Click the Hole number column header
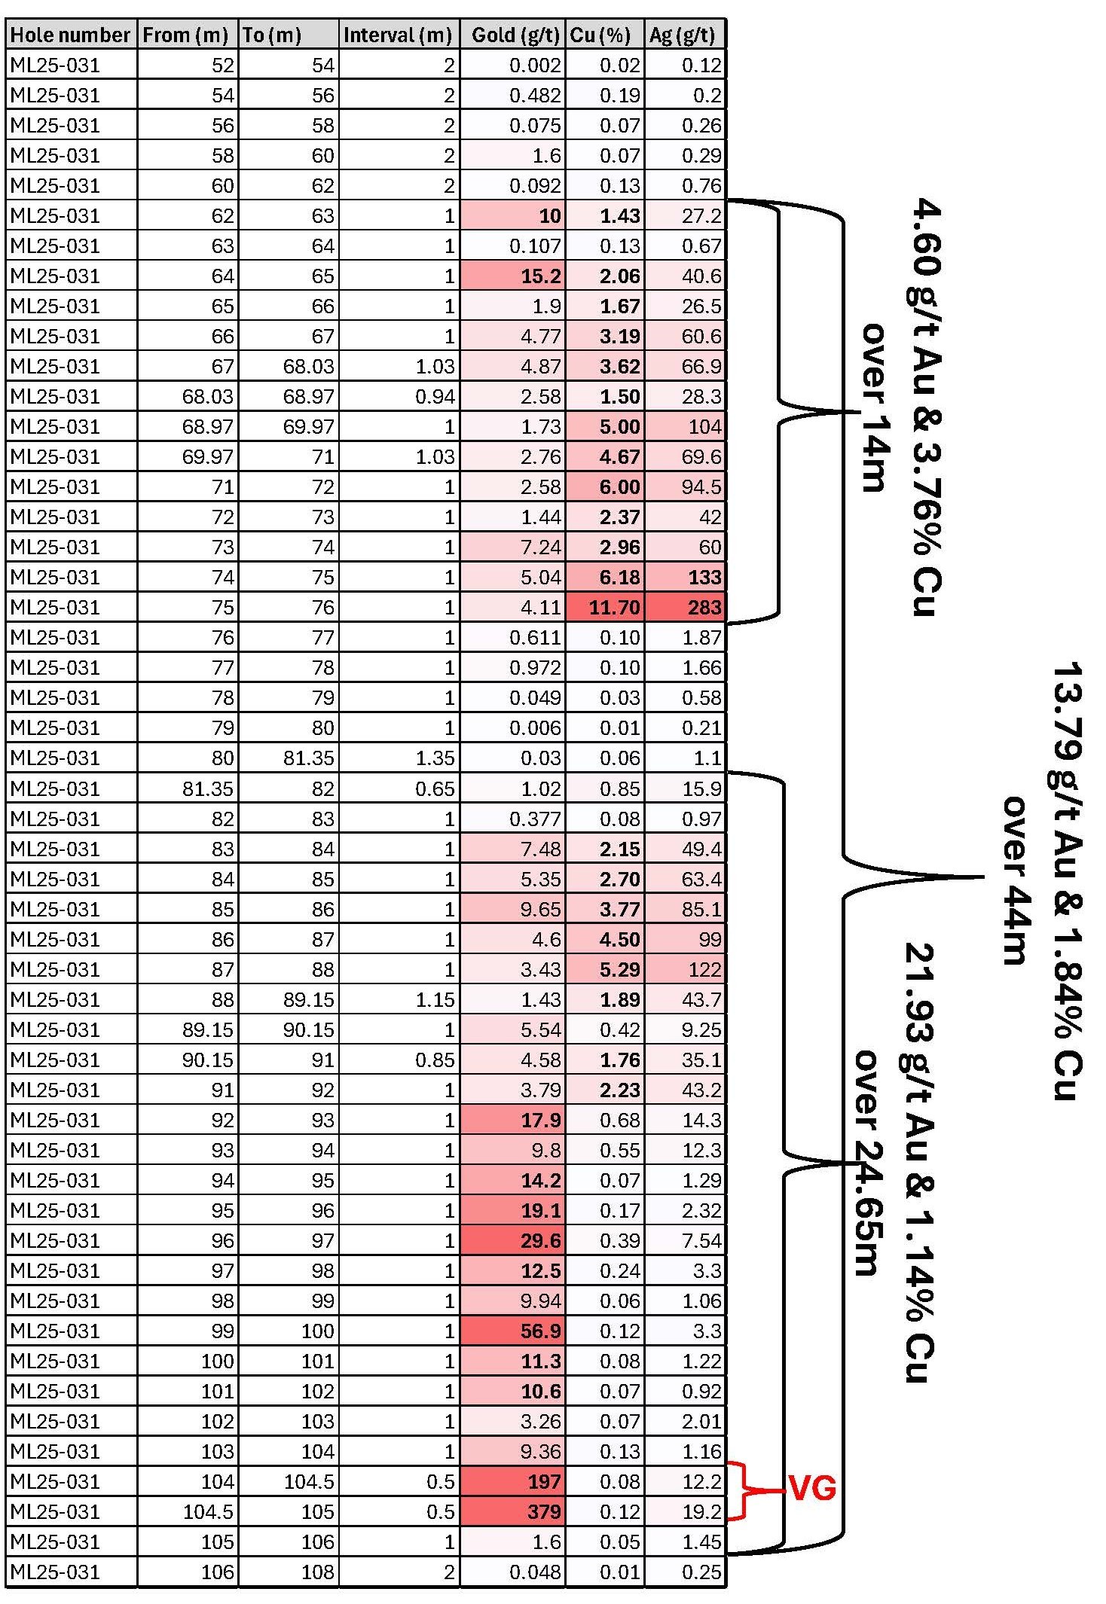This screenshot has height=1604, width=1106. tap(71, 35)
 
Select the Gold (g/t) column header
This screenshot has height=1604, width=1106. tap(515, 35)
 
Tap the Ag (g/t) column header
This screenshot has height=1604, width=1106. tap(683, 35)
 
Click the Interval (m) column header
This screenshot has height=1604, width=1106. tap(398, 35)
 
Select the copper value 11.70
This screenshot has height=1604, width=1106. tap(614, 607)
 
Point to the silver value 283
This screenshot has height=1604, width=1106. tap(704, 607)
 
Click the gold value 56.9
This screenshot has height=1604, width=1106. tap(540, 1331)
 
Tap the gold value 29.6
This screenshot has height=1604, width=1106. tap(540, 1240)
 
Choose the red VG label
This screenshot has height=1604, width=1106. tap(812, 1489)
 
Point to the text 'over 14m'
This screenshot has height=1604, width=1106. tap(874, 407)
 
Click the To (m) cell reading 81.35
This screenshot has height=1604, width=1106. tap(308, 758)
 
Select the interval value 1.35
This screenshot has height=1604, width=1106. tap(435, 758)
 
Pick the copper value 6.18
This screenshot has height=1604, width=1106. tap(619, 577)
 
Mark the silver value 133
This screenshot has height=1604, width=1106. tap(704, 577)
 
